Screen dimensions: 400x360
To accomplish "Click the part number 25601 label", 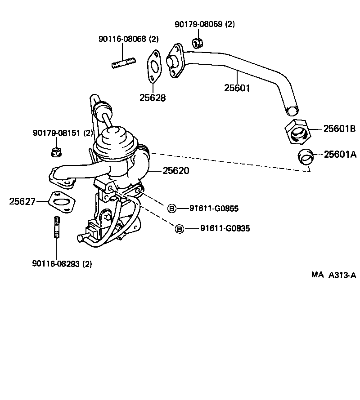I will [x=237, y=88].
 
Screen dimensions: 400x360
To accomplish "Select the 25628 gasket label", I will [x=152, y=97].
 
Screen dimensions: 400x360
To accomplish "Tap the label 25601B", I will [x=339, y=129].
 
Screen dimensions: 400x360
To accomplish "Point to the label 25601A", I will [x=340, y=155].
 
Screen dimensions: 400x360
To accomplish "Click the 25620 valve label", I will [x=176, y=171].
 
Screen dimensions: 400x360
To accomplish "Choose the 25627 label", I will [x=22, y=201].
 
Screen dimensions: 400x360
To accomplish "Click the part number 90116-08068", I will [x=122, y=39].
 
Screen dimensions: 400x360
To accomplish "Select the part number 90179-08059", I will [x=198, y=24].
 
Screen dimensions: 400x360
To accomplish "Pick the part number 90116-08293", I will [x=56, y=264].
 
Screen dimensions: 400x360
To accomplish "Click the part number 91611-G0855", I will [x=214, y=208].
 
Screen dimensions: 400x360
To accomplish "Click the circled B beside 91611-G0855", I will [x=172, y=208].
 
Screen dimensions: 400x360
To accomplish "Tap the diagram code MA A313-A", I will [x=333, y=275].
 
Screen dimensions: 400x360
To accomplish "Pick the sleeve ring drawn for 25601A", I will [x=306, y=156].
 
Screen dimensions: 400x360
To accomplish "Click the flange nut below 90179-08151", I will [x=56, y=152].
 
